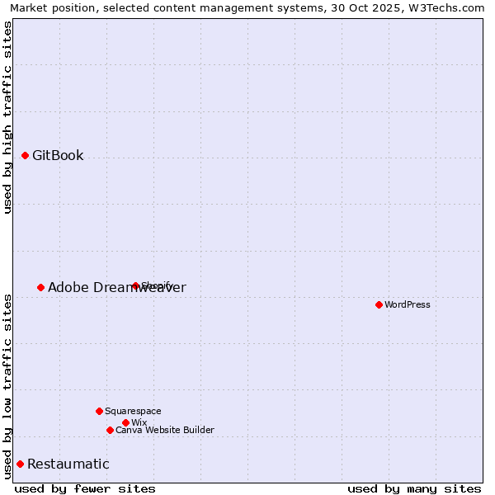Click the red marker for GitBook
[x=25, y=155]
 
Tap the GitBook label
[x=58, y=155]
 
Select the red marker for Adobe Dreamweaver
[x=40, y=287]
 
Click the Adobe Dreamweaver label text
[x=116, y=287]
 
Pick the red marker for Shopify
[x=135, y=285]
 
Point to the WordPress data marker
[x=379, y=304]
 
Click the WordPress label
[x=408, y=304]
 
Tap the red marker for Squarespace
[x=99, y=411]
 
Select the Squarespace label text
[x=133, y=411]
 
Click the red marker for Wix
[x=125, y=422]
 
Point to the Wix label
[x=139, y=422]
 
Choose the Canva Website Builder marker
[x=110, y=430]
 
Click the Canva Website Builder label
[x=164, y=430]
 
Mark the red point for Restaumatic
[x=20, y=464]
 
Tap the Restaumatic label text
[x=68, y=464]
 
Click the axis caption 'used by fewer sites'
[x=85, y=488]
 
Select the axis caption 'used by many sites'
[x=414, y=488]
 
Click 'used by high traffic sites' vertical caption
[x=7, y=117]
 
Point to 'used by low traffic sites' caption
[x=7, y=385]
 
